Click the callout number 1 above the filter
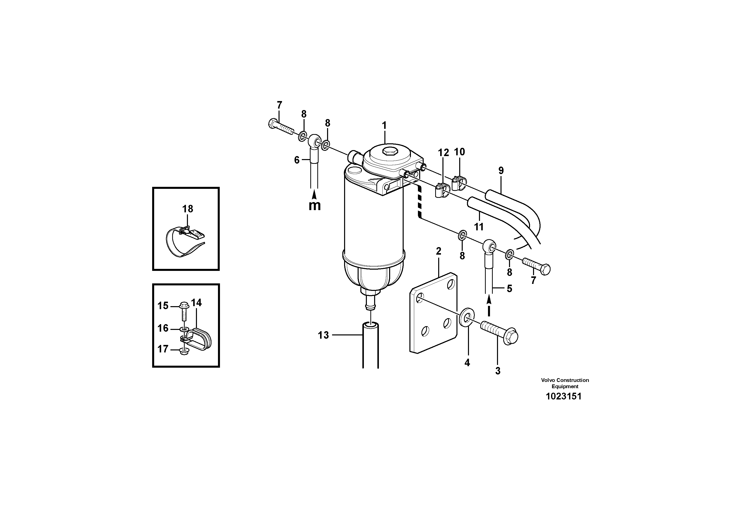coord(384,126)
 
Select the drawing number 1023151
coord(564,396)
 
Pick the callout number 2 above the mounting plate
coord(439,251)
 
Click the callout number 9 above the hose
coord(501,171)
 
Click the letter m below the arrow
coord(314,206)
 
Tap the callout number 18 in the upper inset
coord(187,209)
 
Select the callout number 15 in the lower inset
coord(163,305)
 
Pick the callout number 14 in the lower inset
coord(196,303)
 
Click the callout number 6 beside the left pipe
coord(297,160)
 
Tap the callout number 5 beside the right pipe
coord(509,288)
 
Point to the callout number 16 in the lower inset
coord(163,328)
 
